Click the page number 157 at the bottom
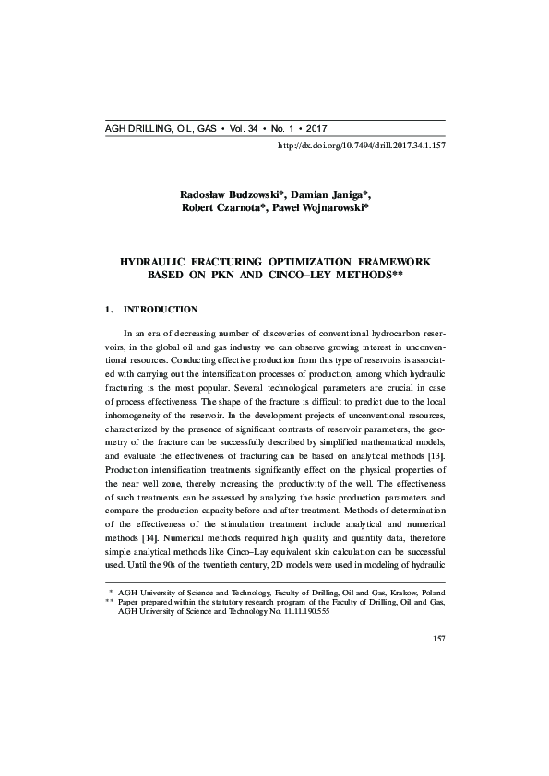coord(439,664)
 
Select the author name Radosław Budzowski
coord(229,194)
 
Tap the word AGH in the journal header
coord(118,128)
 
